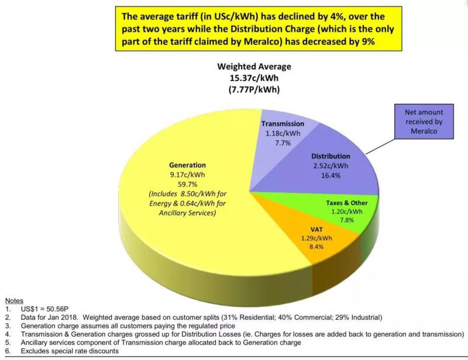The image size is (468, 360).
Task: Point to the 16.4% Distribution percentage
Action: pyautogui.click(x=331, y=175)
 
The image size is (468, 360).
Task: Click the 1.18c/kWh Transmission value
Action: pyautogui.click(x=283, y=133)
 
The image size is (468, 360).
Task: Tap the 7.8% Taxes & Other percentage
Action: pyautogui.click(x=345, y=220)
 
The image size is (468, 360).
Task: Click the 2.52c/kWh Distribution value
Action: pyautogui.click(x=331, y=166)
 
